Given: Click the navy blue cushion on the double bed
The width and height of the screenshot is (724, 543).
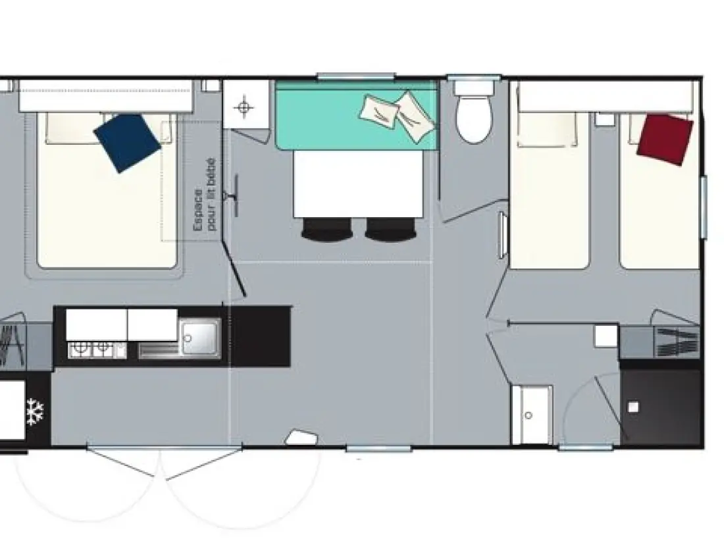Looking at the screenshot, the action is pyautogui.click(x=127, y=143).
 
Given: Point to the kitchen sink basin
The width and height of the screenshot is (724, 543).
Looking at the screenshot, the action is pyautogui.click(x=200, y=338).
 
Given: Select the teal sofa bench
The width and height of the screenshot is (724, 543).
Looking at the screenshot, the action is pyautogui.click(x=357, y=115).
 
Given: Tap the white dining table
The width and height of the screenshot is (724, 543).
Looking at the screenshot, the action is pyautogui.click(x=358, y=184).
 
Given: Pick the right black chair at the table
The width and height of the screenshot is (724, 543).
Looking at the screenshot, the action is pyautogui.click(x=390, y=230).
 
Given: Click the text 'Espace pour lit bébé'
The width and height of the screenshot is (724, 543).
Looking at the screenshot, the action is pyautogui.click(x=205, y=195).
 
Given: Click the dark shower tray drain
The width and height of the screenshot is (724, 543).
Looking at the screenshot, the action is pyautogui.click(x=633, y=407).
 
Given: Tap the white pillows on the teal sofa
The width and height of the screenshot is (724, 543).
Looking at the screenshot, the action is pyautogui.click(x=397, y=115).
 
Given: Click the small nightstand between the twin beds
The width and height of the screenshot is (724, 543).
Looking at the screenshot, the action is pyautogui.click(x=604, y=118).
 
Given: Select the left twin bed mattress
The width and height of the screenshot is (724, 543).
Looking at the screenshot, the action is pyautogui.click(x=550, y=190).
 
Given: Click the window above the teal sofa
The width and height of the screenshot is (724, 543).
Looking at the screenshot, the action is pyautogui.click(x=356, y=76).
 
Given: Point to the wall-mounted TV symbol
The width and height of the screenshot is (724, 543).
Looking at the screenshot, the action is pyautogui.click(x=232, y=195).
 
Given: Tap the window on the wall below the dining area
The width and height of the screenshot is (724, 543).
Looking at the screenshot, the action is pyautogui.click(x=378, y=448).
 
